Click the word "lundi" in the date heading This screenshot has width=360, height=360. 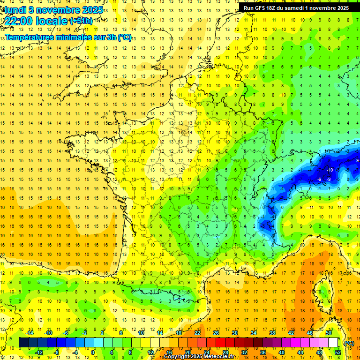coord(15,9)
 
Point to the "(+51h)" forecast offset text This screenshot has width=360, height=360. coord(81,21)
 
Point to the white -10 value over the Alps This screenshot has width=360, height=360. coord(330,170)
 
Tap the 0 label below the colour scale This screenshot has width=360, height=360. coord(92,352)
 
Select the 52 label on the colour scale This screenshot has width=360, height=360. coord(337,352)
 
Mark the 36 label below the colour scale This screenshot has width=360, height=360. coord(262,352)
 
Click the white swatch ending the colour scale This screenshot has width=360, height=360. coord(333,342)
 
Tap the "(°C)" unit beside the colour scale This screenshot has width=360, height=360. coord(349,343)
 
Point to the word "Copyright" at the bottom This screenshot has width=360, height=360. coord(177,357)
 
